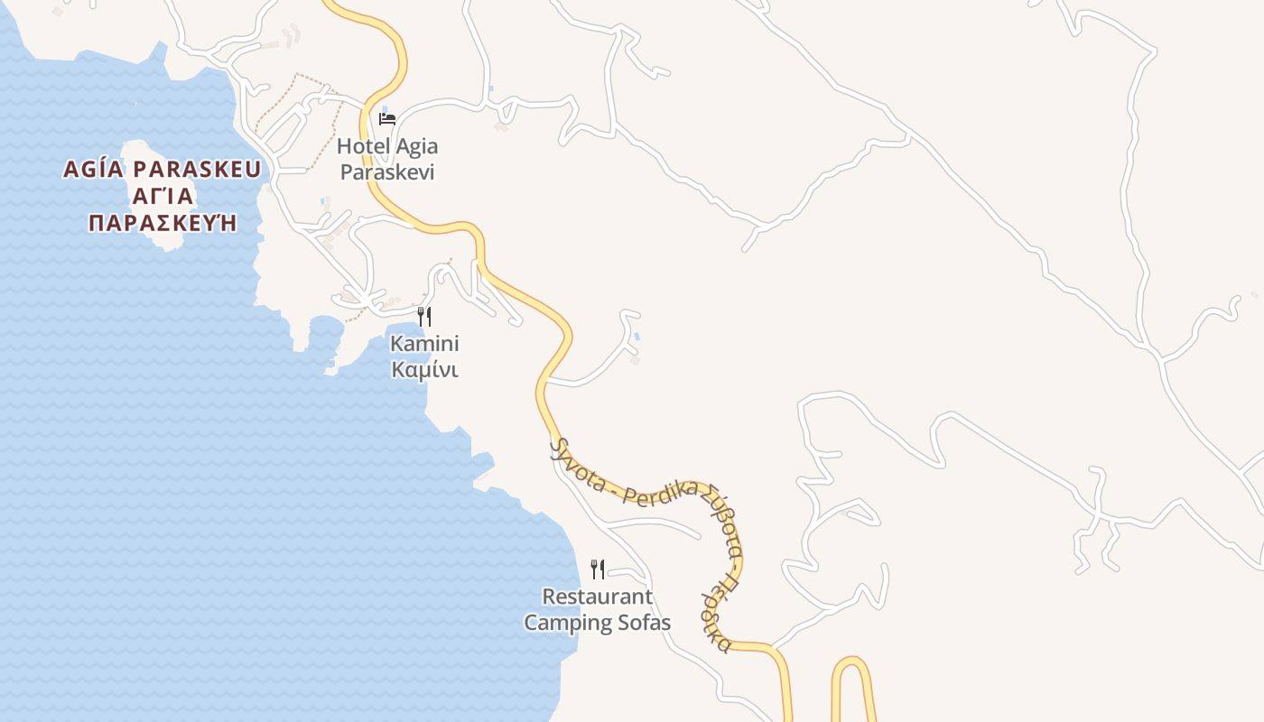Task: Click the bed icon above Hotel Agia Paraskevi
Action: pyautogui.click(x=387, y=118)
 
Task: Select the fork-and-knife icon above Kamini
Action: pyautogui.click(x=424, y=316)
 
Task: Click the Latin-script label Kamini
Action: pyautogui.click(x=424, y=344)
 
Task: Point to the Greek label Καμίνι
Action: pyautogui.click(x=424, y=370)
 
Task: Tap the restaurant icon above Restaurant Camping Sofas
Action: pyautogui.click(x=597, y=569)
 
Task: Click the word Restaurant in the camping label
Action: pyautogui.click(x=597, y=597)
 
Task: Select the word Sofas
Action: pyautogui.click(x=644, y=623)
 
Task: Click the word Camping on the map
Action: pyautogui.click(x=568, y=624)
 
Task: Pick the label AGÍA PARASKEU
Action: pyautogui.click(x=162, y=170)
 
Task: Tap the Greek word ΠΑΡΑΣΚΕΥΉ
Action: pyautogui.click(x=162, y=223)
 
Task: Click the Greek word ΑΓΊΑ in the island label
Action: pyautogui.click(x=163, y=196)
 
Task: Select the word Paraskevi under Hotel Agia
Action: pyautogui.click(x=387, y=172)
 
